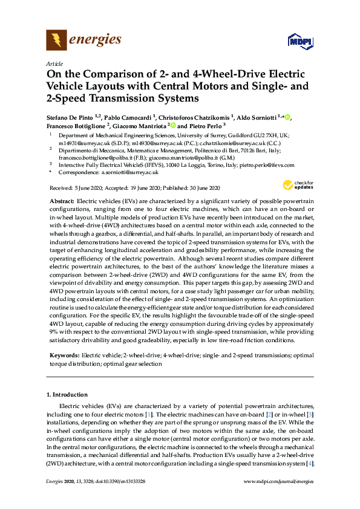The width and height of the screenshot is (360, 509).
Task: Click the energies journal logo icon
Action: (x=56, y=41)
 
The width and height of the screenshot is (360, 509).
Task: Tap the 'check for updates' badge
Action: (x=298, y=185)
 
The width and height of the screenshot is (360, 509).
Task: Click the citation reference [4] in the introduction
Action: (x=310, y=463)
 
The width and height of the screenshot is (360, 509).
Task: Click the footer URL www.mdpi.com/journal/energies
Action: (x=278, y=482)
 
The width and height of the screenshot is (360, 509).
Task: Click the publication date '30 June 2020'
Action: (x=201, y=188)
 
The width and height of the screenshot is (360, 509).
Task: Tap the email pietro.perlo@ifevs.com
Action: (x=269, y=164)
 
